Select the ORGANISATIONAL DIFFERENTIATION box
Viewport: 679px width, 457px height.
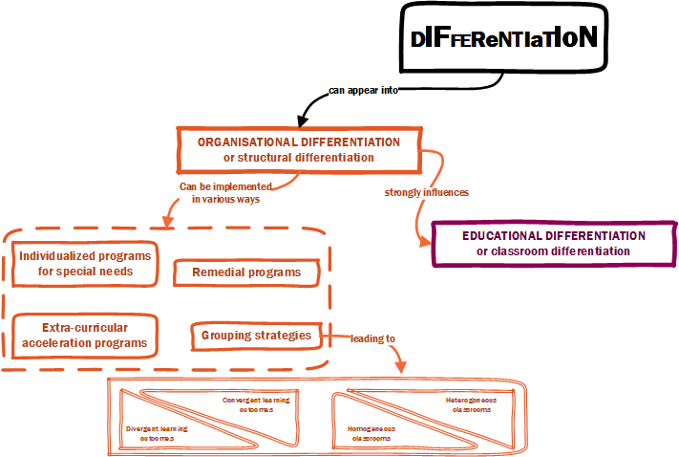(x=299, y=149)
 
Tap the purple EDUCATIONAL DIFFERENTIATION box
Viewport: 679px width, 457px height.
(x=553, y=243)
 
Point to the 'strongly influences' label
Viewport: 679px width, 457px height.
(x=426, y=192)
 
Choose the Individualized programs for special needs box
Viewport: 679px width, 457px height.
(x=84, y=263)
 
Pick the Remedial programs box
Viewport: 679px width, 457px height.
(x=246, y=272)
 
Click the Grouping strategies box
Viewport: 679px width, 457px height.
(x=256, y=336)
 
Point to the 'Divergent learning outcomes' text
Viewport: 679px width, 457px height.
(x=157, y=433)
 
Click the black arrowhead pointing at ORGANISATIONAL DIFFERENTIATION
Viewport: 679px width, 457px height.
(x=303, y=121)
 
